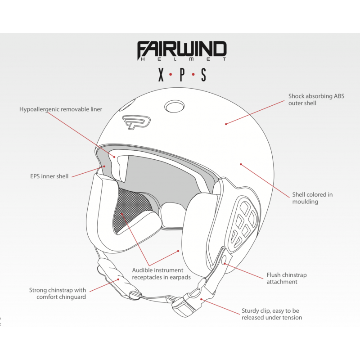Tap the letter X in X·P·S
[x=161, y=75]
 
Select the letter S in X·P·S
[x=203, y=75]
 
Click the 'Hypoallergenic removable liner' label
[x=61, y=109]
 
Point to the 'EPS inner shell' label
[x=49, y=176]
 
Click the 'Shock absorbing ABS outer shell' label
[x=316, y=99]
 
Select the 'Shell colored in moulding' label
[x=312, y=198]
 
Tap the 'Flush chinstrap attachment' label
[x=287, y=278]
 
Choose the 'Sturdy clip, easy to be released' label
[x=272, y=314]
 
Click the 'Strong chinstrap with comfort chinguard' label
[x=58, y=293]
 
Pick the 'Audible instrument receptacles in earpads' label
[x=161, y=274]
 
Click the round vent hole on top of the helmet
[x=175, y=106]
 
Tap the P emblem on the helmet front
[x=136, y=122]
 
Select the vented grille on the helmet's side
[x=244, y=223]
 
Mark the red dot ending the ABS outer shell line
[x=226, y=124]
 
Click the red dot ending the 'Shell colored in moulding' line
[x=241, y=164]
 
